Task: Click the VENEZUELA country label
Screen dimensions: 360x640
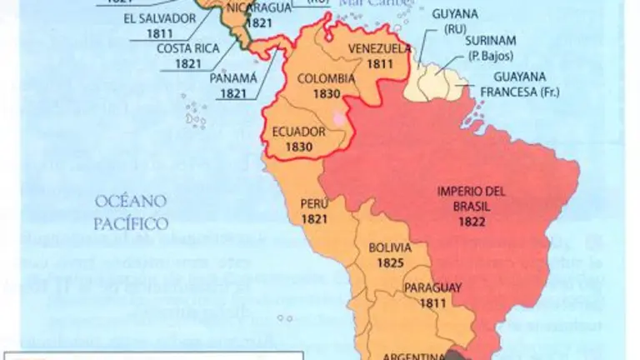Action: click(x=378, y=47)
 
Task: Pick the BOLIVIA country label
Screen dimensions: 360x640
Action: click(x=389, y=249)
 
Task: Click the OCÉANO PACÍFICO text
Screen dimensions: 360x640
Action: click(x=130, y=212)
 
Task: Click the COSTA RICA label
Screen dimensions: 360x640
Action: click(x=187, y=47)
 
